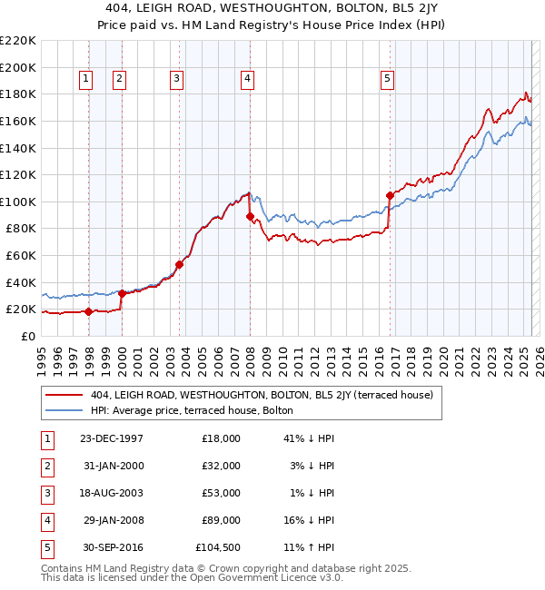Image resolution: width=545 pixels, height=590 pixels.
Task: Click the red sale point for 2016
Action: (390, 195)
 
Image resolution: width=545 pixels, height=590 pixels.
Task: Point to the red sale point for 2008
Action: (250, 216)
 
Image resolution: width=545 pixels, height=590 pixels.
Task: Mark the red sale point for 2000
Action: (122, 292)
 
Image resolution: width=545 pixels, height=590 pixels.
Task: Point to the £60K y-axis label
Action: (21, 256)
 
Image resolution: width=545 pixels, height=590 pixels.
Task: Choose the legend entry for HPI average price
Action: (191, 410)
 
